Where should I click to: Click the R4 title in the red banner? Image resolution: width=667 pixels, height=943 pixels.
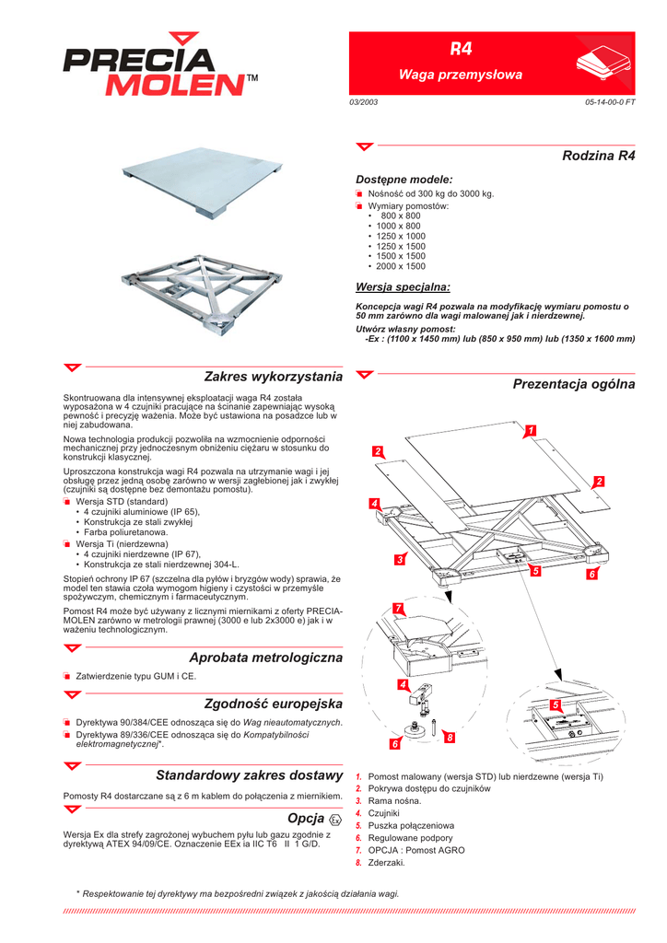pos(460,48)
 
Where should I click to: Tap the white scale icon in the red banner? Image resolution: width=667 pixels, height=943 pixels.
pos(598,64)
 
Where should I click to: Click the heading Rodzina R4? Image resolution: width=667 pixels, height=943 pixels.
pos(598,156)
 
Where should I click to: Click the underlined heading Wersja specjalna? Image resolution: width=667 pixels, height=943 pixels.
pos(403,286)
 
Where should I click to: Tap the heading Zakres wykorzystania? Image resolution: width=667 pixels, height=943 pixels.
pos(273,376)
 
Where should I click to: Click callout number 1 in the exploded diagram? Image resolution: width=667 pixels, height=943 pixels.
pos(531,430)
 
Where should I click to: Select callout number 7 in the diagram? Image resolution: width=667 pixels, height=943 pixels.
pos(397,608)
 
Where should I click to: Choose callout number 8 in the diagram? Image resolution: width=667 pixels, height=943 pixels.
pos(449,739)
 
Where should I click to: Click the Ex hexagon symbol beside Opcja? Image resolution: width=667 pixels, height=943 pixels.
pos(335,819)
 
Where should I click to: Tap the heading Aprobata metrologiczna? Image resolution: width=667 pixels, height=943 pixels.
pos(265,658)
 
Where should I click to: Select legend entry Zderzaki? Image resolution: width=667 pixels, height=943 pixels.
pos(386,863)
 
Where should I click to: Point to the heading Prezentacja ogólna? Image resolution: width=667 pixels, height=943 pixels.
pos(573,383)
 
